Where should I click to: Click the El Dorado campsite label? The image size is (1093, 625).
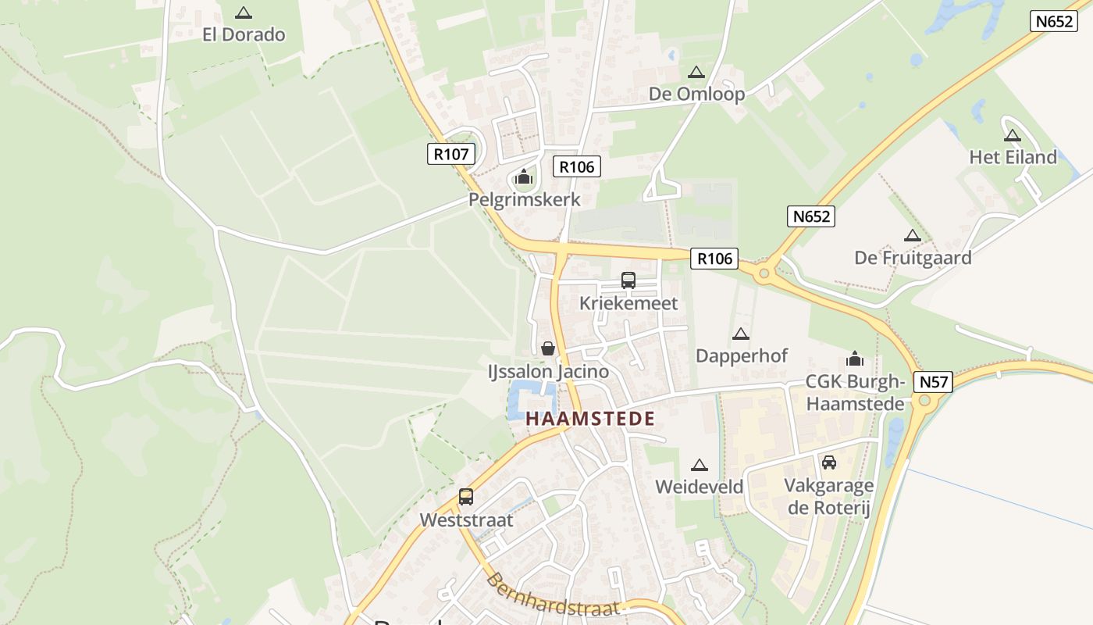click(x=244, y=34)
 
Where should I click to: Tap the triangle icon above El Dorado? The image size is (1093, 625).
click(x=244, y=12)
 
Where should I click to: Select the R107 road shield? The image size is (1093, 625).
click(x=451, y=154)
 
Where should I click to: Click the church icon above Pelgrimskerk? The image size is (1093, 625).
click(x=524, y=178)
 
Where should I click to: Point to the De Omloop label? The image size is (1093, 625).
click(x=696, y=95)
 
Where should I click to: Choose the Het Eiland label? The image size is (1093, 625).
click(x=1013, y=157)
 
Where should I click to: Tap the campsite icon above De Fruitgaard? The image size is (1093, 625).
click(x=912, y=235)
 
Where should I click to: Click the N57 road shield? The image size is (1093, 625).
click(x=934, y=382)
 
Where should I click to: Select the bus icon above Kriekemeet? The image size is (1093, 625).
click(x=628, y=280)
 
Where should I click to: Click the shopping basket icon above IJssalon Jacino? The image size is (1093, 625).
click(x=548, y=348)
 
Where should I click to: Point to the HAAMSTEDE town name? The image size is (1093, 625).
click(x=590, y=419)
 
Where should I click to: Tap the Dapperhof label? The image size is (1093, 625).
click(x=741, y=356)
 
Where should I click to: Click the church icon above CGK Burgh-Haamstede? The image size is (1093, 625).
click(x=855, y=359)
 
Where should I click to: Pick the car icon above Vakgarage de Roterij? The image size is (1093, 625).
click(x=829, y=462)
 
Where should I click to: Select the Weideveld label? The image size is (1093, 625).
click(x=699, y=487)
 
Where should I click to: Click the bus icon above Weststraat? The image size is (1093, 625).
click(x=466, y=497)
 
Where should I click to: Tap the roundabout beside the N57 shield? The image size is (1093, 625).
click(x=925, y=401)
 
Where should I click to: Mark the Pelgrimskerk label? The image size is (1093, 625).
click(x=524, y=200)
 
